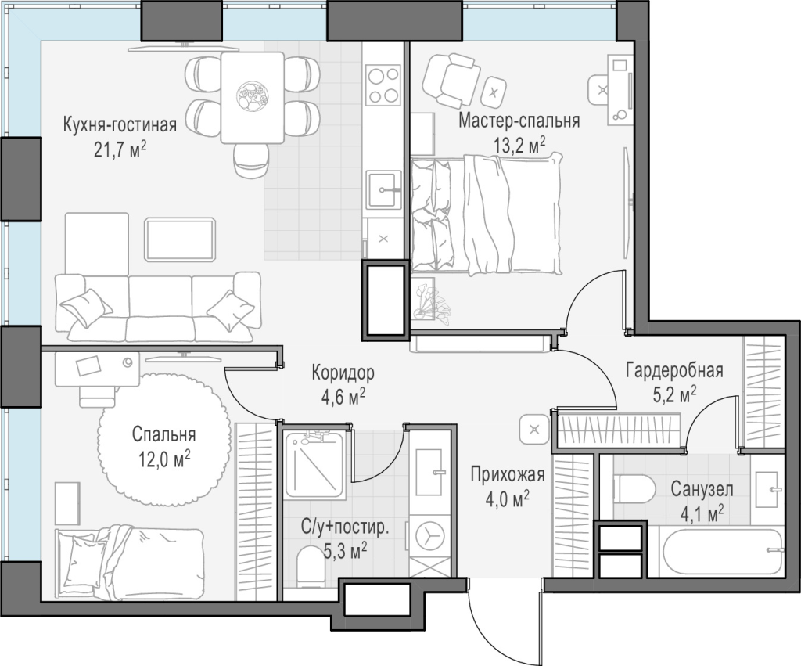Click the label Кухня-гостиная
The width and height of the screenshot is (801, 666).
120,124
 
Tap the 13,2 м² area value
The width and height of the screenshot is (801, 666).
519,145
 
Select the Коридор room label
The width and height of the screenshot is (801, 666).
343,373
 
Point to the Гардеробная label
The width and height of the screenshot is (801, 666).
674,369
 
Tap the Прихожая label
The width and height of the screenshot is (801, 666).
508,474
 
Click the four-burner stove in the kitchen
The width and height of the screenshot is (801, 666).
383,85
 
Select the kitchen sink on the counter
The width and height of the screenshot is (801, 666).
383,189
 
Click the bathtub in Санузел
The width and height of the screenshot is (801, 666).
723,552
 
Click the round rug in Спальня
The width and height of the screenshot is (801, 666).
162,440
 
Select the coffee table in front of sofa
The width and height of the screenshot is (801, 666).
180,239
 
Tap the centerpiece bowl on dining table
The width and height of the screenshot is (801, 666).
253,96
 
